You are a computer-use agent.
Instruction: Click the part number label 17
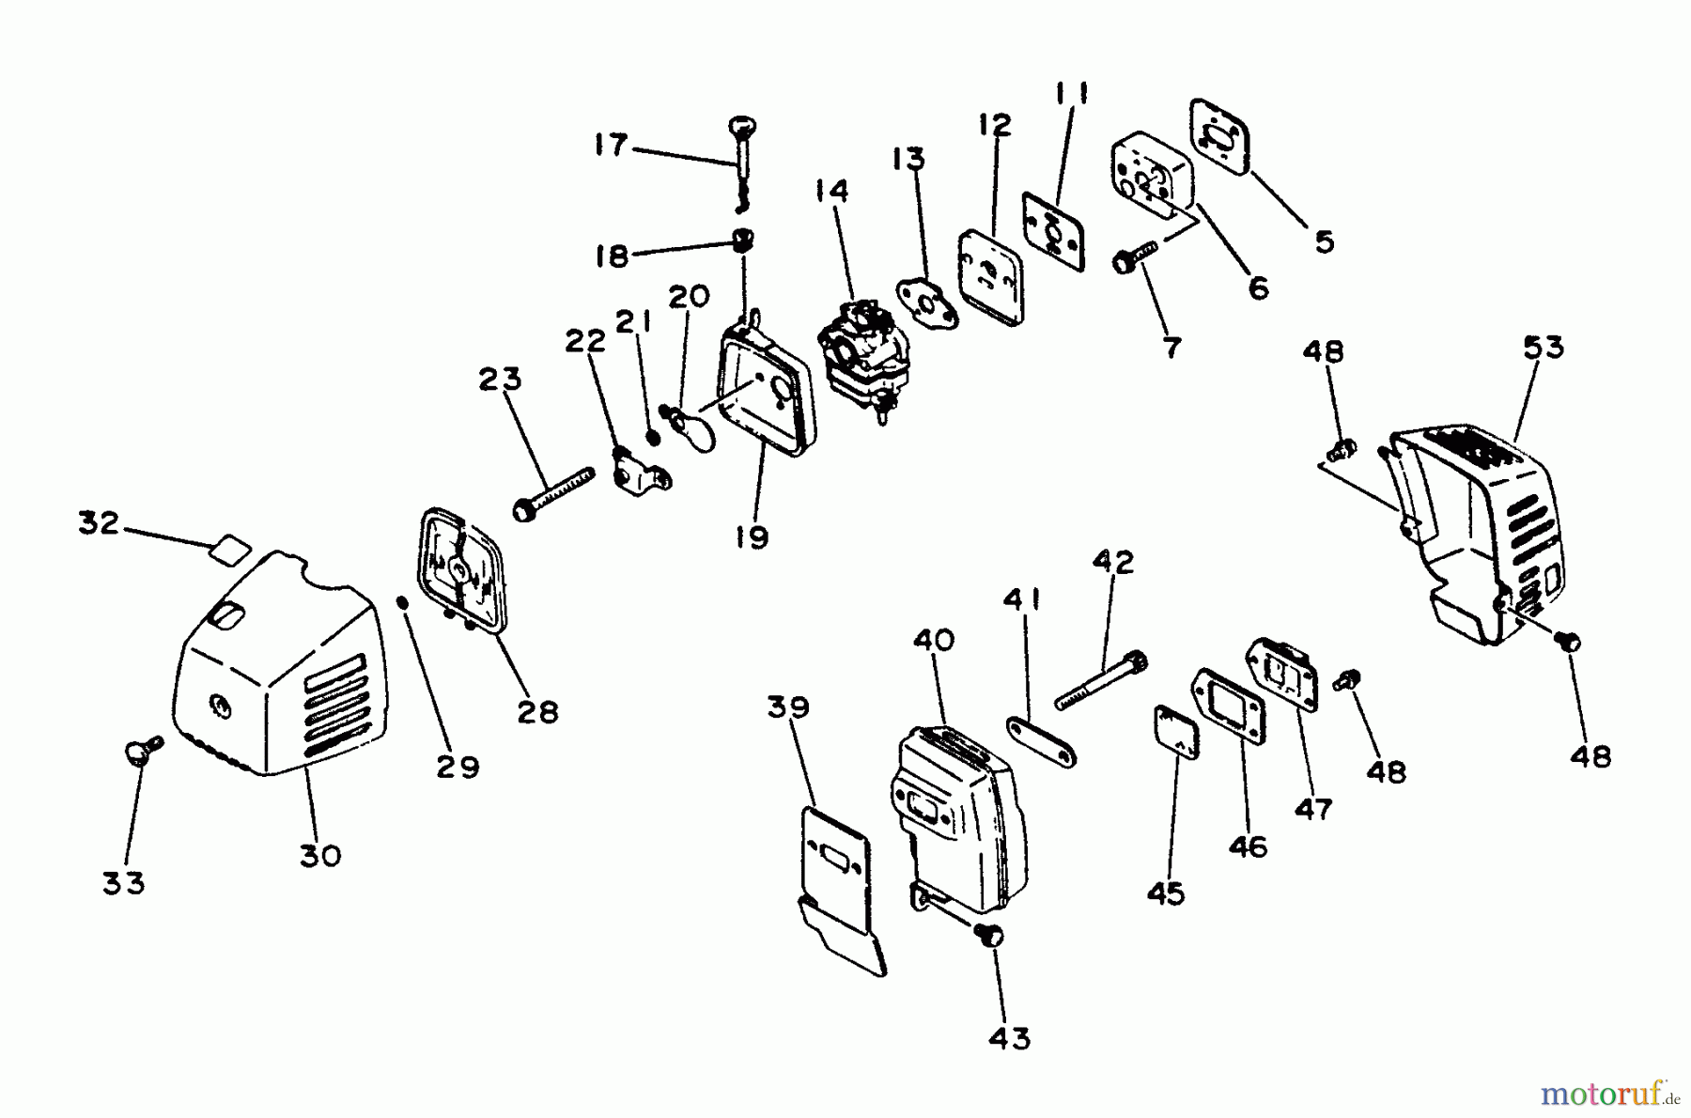(x=611, y=146)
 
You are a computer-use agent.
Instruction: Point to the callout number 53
(x=1543, y=348)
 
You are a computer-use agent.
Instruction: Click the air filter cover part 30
(x=282, y=676)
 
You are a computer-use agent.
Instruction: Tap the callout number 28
(x=537, y=711)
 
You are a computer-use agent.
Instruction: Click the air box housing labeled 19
(x=766, y=395)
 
